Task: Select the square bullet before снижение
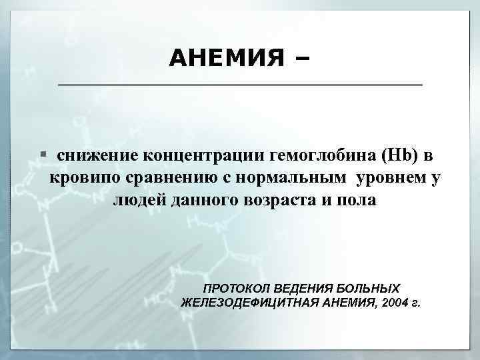43,154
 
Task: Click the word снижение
97,155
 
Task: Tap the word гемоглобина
323,155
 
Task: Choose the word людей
137,201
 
